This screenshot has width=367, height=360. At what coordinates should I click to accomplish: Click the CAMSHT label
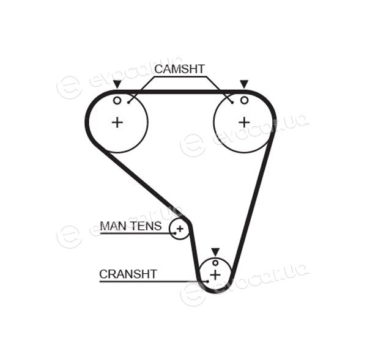pos(179,69)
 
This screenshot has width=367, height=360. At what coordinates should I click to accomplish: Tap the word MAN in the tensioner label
pos(113,226)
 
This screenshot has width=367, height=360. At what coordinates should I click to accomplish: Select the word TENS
pos(146,226)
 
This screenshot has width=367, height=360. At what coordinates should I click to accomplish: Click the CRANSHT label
pos(128,274)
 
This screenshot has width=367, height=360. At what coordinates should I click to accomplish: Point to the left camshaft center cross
pos(117,122)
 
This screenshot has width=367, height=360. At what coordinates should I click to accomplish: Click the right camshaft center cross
pos(244,122)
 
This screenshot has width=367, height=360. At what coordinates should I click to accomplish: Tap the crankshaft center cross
pos(215,274)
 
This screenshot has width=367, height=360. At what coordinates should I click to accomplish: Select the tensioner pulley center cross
pos(180,229)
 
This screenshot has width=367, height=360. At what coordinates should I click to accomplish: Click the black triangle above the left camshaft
pos(117,84)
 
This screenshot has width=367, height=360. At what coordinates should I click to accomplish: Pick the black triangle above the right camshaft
pos(244,84)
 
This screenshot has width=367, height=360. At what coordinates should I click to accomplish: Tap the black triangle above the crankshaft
pos(215,252)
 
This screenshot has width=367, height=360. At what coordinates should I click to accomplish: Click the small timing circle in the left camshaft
pos(117,101)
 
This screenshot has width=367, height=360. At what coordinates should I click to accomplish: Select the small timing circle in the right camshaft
pos(244,101)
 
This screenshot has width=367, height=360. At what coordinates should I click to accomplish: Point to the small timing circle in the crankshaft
pos(215,263)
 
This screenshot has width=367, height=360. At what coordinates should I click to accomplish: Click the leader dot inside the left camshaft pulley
pos(128,103)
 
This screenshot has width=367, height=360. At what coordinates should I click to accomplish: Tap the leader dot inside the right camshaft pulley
pos(232,103)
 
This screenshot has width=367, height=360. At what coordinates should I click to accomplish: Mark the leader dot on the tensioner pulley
pos(175,233)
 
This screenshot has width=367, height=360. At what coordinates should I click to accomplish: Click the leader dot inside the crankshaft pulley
pos(207,281)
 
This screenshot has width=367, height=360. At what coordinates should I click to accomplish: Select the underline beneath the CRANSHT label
pos(154,281)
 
